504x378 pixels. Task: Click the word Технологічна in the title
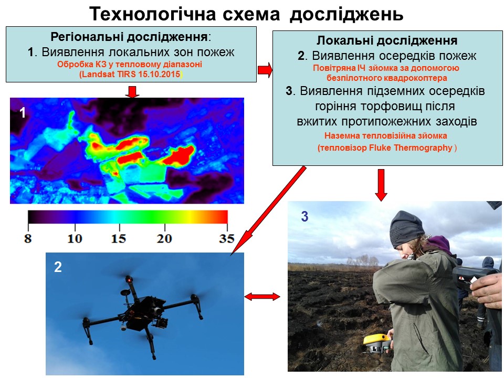pyautogui.click(x=153, y=14)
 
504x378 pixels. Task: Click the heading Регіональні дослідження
pyautogui.click(x=129, y=37)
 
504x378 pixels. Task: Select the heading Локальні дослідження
pyautogui.click(x=387, y=40)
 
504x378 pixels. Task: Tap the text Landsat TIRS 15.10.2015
pyautogui.click(x=131, y=74)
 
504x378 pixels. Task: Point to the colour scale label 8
pyautogui.click(x=28, y=238)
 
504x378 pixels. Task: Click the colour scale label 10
pyautogui.click(x=75, y=238)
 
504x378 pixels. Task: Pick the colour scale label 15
pyautogui.click(x=119, y=238)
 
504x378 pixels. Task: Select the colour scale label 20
pyautogui.click(x=164, y=238)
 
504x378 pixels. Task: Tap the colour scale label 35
pyautogui.click(x=227, y=238)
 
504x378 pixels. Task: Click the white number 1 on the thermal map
pyautogui.click(x=22, y=113)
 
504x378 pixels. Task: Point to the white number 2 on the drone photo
pyautogui.click(x=58, y=267)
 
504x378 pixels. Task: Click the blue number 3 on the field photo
pyautogui.click(x=304, y=216)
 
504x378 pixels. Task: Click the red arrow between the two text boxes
pyautogui.click(x=265, y=70)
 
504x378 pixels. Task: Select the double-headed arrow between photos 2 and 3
pyautogui.click(x=262, y=296)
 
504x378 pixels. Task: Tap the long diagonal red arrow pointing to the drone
pyautogui.click(x=268, y=211)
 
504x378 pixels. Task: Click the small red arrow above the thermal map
pyautogui.click(x=132, y=91)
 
